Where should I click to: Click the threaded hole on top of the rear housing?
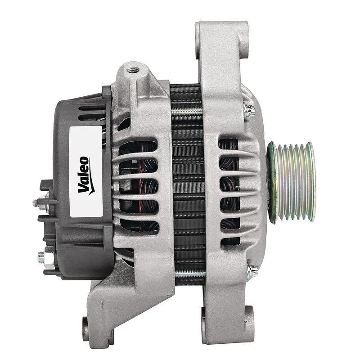point(133,70)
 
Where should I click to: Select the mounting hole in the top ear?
point(243,45)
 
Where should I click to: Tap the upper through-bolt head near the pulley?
point(249,109)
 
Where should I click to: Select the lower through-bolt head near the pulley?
point(252,270)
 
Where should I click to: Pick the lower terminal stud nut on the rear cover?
point(42,258)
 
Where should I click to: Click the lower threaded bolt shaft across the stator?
point(189,273)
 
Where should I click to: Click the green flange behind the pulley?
point(271,182)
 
